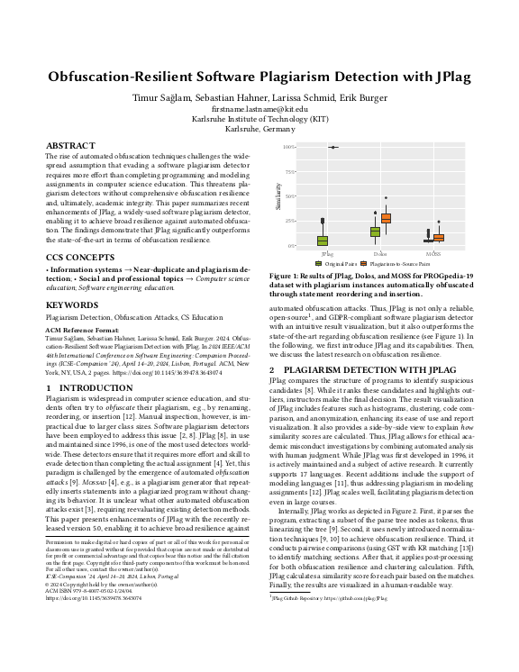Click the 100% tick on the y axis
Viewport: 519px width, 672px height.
pos(288,147)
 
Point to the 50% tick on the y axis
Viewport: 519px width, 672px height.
pos(290,196)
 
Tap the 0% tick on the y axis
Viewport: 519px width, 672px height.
pos(291,245)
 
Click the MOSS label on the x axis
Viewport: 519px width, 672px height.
pos(432,254)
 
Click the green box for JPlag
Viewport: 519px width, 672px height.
pos(322,241)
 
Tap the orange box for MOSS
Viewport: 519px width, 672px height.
pos(439,238)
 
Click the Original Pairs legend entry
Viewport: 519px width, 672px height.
pos(341,264)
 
